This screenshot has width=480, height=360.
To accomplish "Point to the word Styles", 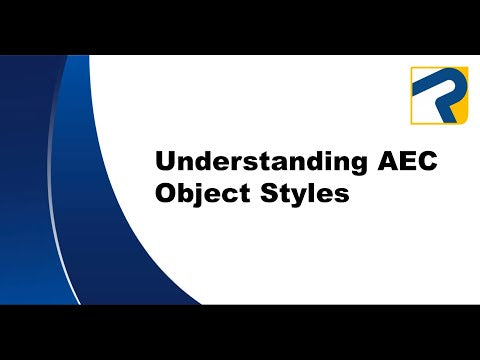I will point(303,193).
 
